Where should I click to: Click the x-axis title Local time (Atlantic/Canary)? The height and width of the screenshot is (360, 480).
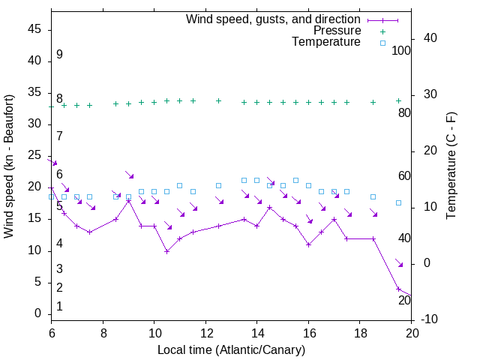point(231,349)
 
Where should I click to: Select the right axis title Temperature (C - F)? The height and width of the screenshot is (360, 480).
point(451,166)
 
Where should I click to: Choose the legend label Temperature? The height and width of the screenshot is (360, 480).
point(326,42)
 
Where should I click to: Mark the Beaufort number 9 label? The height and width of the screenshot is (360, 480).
point(59,55)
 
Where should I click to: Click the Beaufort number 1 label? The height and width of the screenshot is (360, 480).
point(59,307)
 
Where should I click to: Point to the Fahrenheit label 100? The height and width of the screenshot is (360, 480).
point(402,50)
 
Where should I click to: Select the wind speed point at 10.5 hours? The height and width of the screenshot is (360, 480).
point(166,251)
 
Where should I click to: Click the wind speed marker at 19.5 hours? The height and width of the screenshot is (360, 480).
point(398,289)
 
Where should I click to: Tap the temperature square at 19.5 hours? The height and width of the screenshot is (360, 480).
point(398,202)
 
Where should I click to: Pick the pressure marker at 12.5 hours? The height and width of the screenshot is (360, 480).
point(218,100)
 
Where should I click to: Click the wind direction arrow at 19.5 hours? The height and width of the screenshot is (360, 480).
point(399,262)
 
